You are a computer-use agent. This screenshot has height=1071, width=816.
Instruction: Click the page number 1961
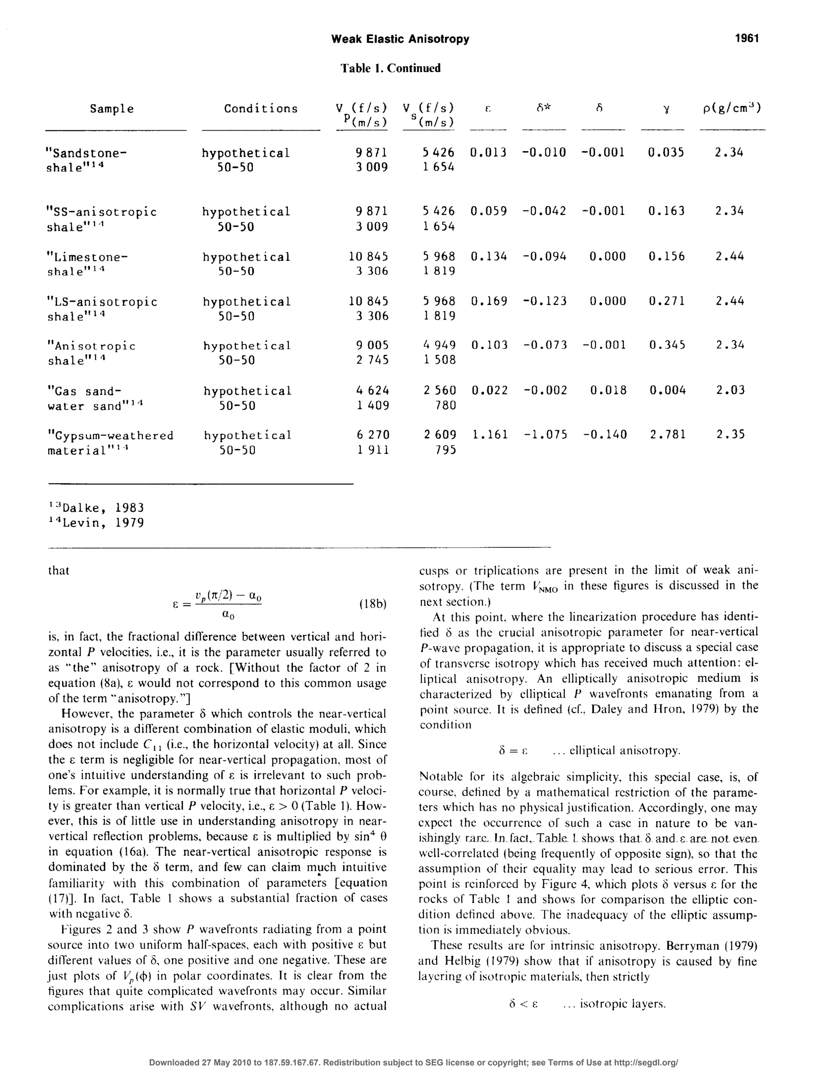point(747,38)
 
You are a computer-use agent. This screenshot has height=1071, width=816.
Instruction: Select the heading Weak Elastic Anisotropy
point(400,39)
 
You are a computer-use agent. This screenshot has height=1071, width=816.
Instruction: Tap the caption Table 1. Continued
point(390,68)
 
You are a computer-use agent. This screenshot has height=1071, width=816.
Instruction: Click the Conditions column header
point(261,109)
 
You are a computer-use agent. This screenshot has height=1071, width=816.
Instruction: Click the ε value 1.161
point(490,434)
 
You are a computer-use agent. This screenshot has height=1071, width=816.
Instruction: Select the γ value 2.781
point(668,434)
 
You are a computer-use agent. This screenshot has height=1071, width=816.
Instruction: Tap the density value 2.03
point(730,390)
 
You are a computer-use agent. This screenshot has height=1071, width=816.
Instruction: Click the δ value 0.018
point(608,390)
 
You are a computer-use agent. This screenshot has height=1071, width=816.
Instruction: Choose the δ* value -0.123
point(545,301)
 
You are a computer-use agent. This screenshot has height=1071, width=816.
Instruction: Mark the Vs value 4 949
point(439,346)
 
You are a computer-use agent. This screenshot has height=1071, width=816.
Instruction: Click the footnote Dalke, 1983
point(97,508)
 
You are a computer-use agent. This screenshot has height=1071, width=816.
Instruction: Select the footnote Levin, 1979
point(97,523)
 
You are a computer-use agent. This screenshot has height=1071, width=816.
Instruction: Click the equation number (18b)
point(373,604)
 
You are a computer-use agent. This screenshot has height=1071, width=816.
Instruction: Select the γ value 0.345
point(667,346)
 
